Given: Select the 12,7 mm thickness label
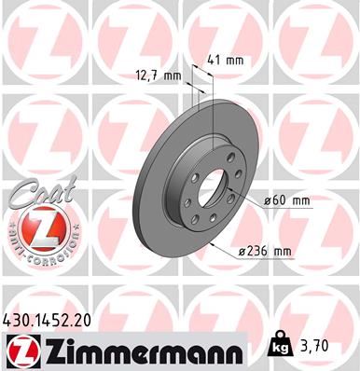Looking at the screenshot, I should point(159,78).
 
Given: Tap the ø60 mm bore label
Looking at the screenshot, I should point(286,199).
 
